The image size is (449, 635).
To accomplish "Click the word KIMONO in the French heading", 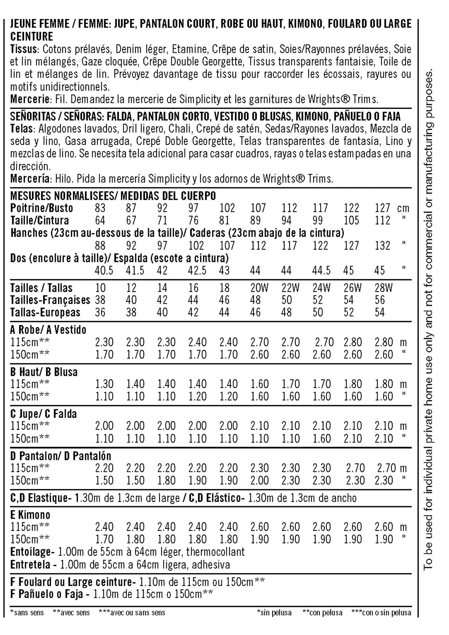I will coord(305,24).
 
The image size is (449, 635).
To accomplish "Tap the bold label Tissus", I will coord(23,49).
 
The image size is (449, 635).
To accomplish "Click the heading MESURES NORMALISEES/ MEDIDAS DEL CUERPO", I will coord(113,196).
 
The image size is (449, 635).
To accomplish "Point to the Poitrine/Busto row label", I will coord(42,208).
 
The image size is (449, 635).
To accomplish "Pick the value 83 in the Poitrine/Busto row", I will coord(100,208).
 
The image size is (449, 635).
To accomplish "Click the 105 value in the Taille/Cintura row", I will coord(351,221).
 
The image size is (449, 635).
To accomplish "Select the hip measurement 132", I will coord(382,246).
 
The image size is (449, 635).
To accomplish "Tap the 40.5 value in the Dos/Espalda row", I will coord(104,271).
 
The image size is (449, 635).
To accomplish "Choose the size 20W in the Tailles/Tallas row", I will coord(259,288).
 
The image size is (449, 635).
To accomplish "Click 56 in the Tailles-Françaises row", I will coord(380,300).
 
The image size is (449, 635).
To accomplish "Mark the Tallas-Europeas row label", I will coord(45,313).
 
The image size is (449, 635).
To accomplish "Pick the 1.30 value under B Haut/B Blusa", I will coord(104,384).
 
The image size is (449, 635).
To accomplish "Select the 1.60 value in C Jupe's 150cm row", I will coord(321,439).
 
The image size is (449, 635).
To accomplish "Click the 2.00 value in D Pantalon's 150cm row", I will coord(259,480).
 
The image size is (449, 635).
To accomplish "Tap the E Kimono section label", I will coord(30,515).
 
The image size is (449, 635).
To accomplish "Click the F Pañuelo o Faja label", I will coord(50,594).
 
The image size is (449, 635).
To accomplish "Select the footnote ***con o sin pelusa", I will coord(381,613).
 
